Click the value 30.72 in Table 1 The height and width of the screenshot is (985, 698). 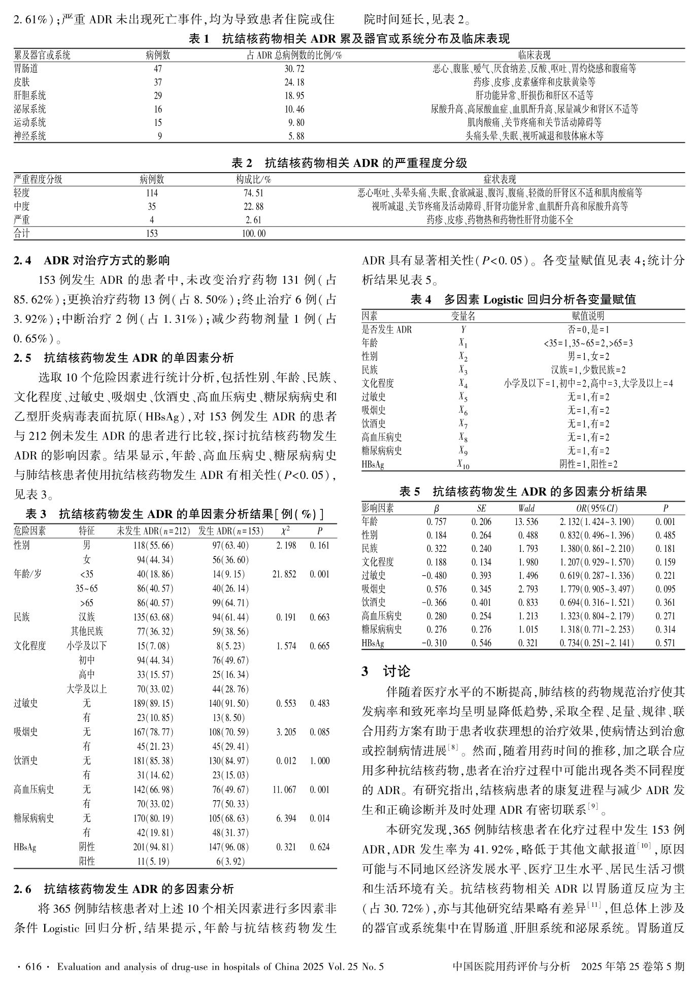click(x=294, y=69)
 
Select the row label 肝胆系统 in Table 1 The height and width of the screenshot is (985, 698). click(x=30, y=95)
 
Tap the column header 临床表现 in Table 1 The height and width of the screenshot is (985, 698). click(x=534, y=55)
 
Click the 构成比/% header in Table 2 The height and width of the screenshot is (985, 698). click(x=253, y=180)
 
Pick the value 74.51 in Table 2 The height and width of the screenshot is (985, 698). click(x=254, y=193)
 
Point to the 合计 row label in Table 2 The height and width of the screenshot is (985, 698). click(x=22, y=234)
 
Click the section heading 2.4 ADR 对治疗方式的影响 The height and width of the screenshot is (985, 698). click(x=91, y=261)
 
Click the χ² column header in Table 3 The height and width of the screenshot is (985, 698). click(x=286, y=531)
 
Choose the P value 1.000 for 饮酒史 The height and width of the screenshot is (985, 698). click(x=319, y=761)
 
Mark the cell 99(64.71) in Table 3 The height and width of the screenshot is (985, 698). click(x=230, y=603)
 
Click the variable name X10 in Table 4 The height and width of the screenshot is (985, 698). click(x=463, y=465)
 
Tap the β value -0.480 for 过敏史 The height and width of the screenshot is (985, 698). click(x=434, y=576)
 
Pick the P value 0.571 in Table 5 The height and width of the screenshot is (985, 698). click(x=665, y=643)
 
